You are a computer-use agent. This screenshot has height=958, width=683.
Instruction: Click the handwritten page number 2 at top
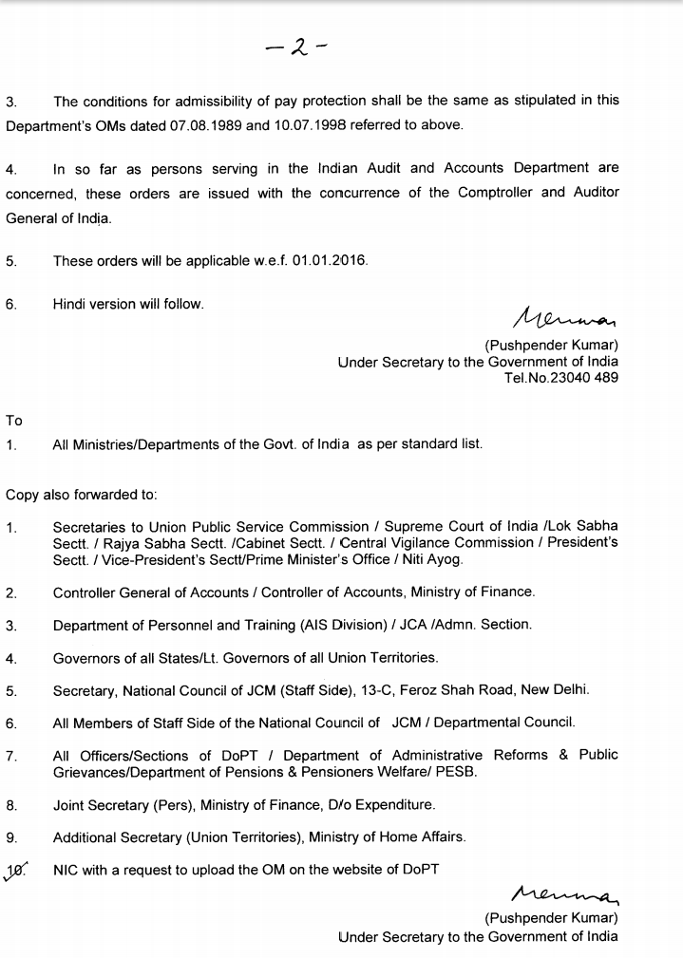point(297,46)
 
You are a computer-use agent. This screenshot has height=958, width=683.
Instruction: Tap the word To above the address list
point(14,421)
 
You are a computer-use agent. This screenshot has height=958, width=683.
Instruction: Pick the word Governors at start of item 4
point(86,657)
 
